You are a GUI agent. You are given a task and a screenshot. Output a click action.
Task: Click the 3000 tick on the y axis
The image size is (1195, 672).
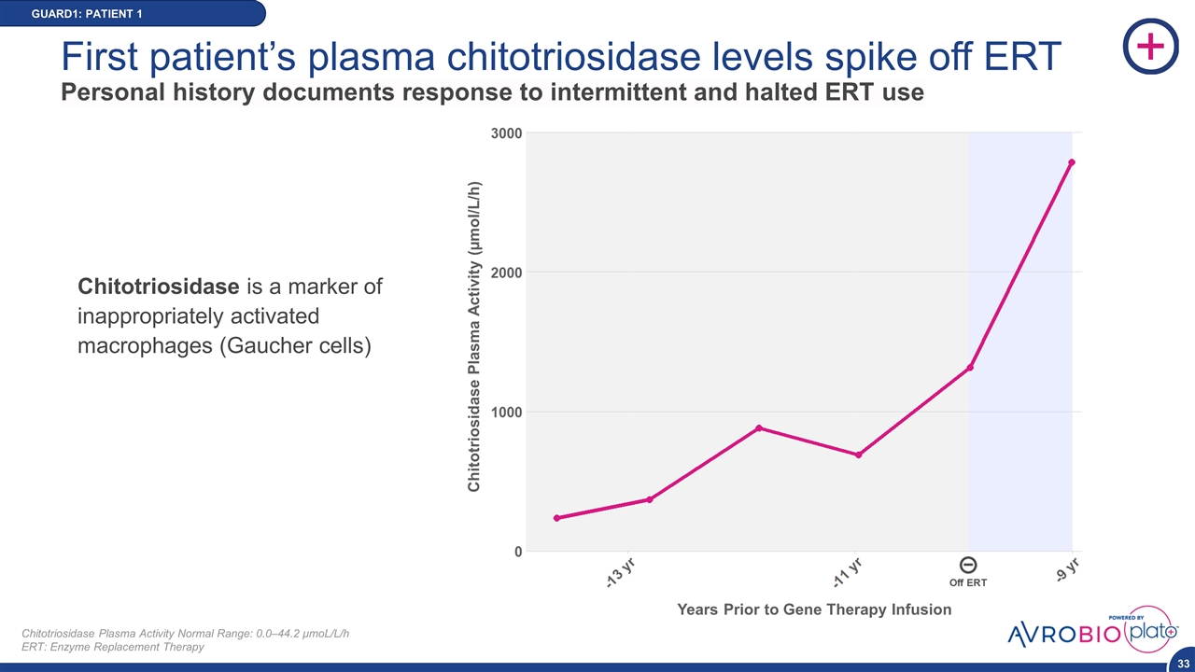click(506, 133)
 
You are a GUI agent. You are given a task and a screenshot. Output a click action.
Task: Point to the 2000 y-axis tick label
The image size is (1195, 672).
click(506, 272)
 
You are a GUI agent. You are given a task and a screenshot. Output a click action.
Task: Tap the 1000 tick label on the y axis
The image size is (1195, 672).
click(506, 412)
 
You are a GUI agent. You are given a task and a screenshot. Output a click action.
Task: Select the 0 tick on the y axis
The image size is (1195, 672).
click(516, 551)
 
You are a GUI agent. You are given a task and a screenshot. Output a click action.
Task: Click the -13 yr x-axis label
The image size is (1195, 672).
click(619, 571)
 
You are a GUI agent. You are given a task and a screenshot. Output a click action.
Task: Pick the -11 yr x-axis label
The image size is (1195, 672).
click(847, 572)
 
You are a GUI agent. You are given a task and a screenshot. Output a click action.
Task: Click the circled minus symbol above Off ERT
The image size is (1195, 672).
click(968, 565)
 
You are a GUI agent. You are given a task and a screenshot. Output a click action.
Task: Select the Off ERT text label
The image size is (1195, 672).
click(968, 582)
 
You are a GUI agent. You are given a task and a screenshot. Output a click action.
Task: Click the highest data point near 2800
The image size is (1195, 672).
click(1072, 162)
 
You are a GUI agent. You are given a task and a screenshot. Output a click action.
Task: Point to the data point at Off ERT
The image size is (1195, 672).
click(970, 368)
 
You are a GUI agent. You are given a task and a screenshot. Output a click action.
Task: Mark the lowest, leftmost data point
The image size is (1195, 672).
click(556, 518)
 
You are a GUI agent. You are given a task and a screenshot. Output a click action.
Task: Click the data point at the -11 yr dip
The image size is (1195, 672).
click(858, 455)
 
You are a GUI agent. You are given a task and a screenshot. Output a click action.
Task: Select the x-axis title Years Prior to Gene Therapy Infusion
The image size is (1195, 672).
click(814, 609)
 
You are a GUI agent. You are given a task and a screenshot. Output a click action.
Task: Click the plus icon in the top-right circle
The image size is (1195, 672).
click(1151, 46)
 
